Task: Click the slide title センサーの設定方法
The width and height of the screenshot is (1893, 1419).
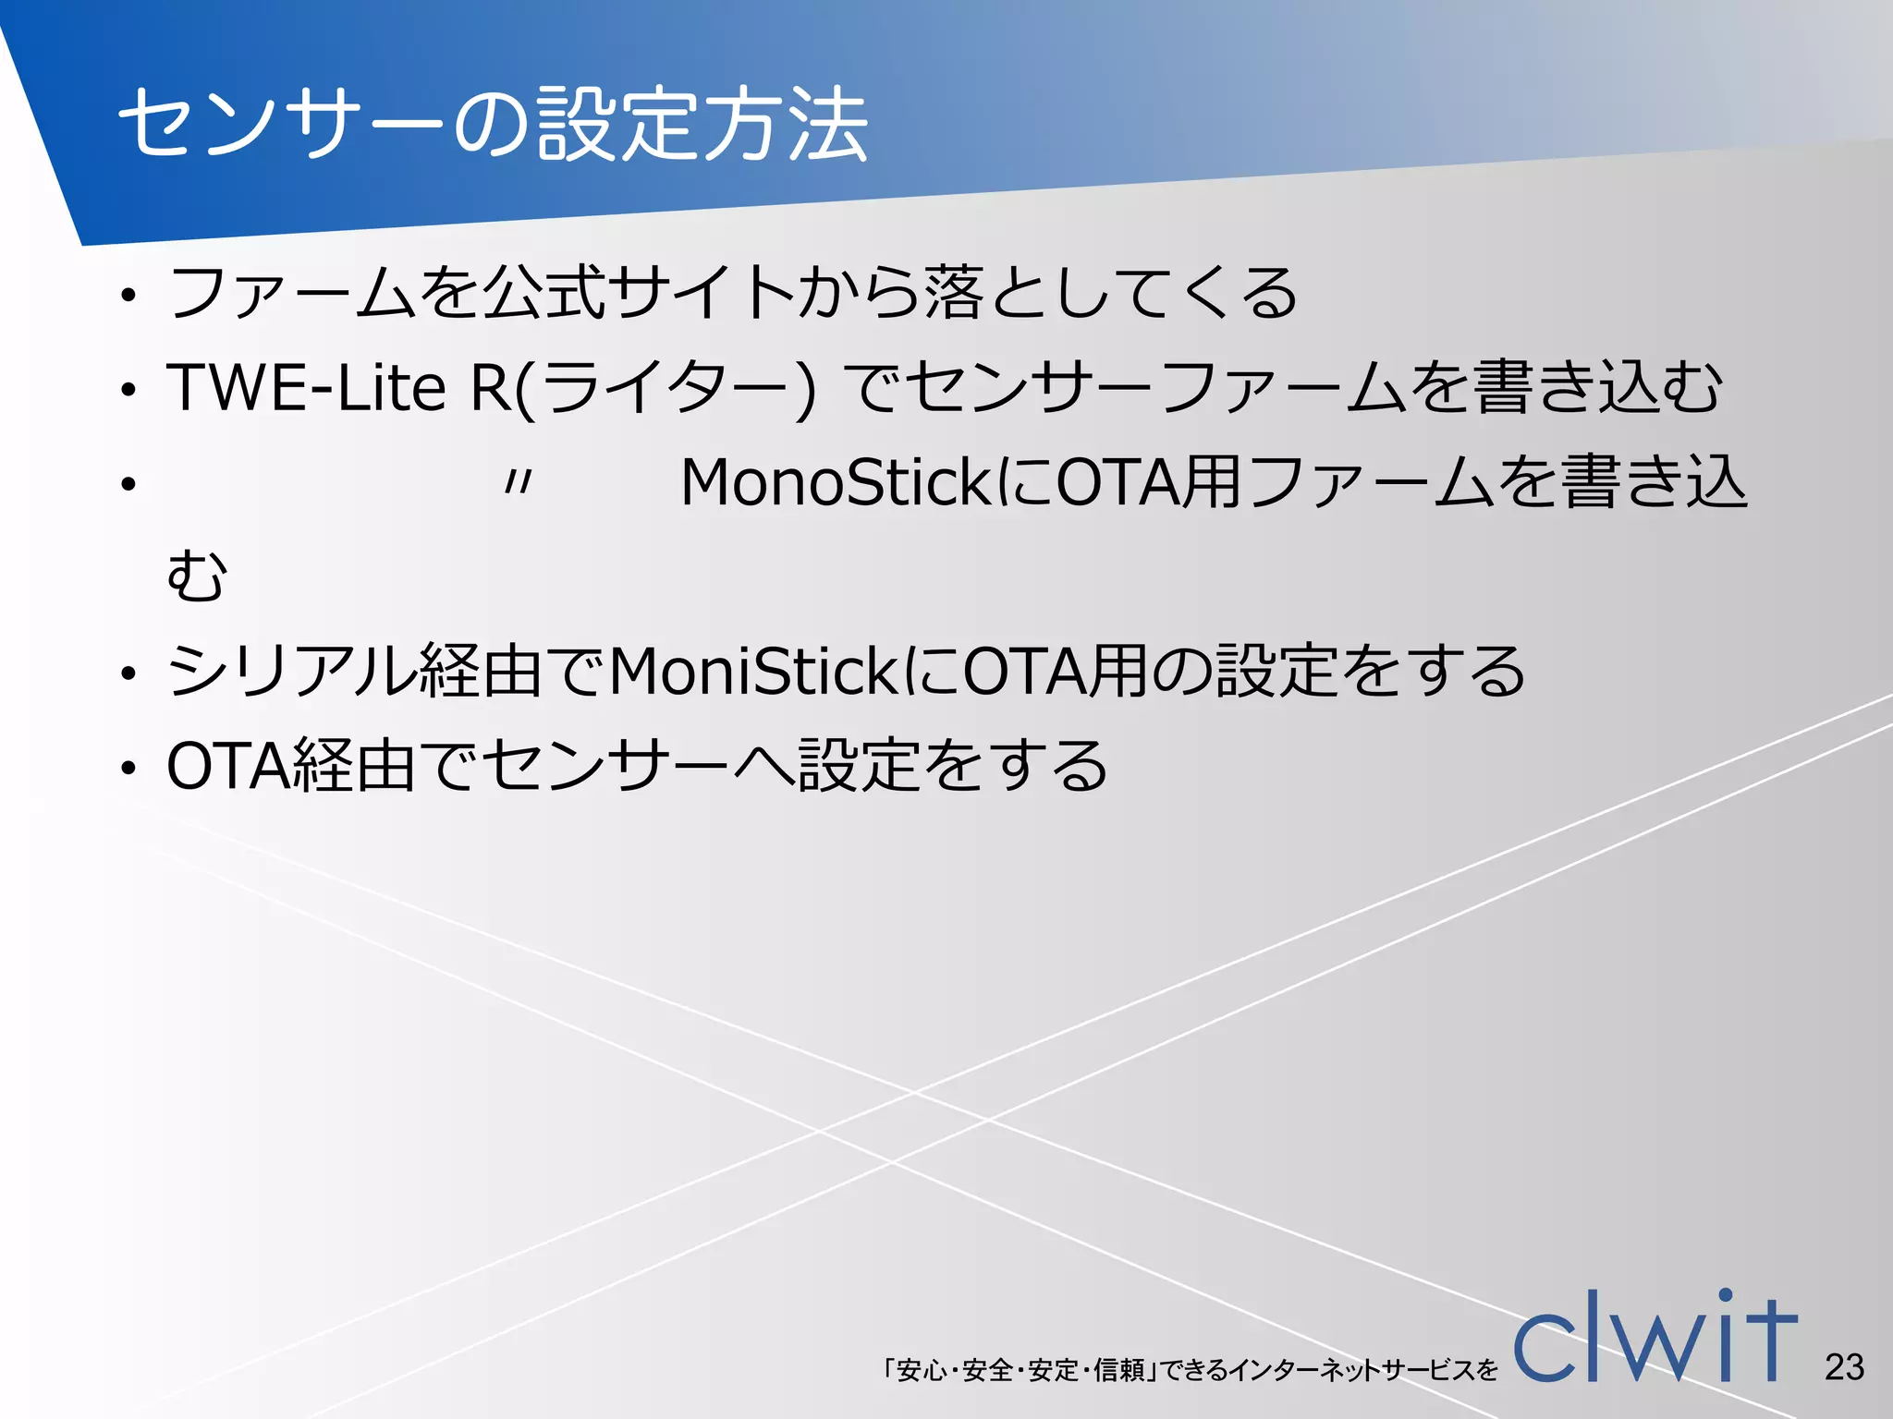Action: (x=493, y=125)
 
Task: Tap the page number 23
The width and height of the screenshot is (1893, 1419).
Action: (x=1844, y=1366)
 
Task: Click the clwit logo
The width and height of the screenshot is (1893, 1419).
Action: (x=1655, y=1340)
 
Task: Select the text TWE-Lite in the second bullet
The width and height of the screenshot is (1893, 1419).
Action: (x=306, y=387)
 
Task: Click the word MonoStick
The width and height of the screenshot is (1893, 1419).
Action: (x=837, y=482)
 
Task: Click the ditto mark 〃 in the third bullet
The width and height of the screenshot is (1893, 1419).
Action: (x=519, y=482)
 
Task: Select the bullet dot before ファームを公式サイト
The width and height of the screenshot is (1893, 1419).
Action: (x=128, y=297)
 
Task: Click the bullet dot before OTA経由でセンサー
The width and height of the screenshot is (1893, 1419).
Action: (x=128, y=770)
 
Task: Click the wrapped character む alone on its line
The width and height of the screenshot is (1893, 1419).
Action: (x=196, y=576)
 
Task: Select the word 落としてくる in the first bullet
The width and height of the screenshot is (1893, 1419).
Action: (x=1109, y=293)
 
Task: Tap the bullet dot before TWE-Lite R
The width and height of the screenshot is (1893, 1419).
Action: (x=128, y=391)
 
